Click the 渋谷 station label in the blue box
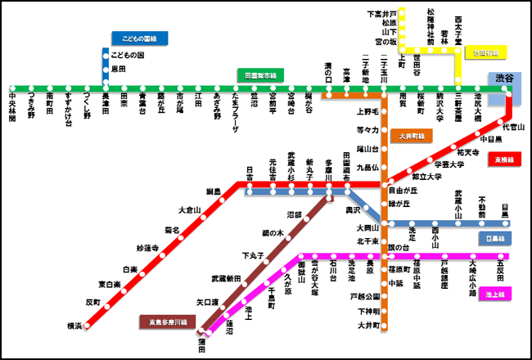tap(505, 79)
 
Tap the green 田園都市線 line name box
tap(259, 74)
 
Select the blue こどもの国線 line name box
tap(139, 38)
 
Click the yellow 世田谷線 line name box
tap(486, 53)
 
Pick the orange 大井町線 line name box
tap(412, 134)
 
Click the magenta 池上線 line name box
tap(496, 293)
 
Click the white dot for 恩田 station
tap(106, 70)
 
